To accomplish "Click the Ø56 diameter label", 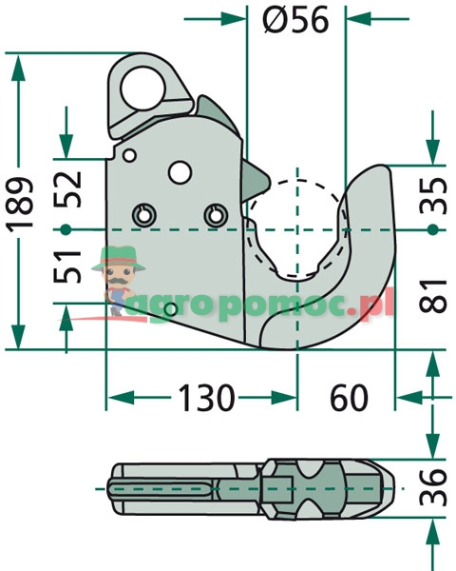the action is point(295,20).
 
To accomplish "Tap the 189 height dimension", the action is point(20,205).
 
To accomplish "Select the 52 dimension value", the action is point(67,188).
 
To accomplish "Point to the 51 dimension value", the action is point(67,266).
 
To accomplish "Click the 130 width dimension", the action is point(206,398).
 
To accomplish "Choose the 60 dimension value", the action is point(349,398).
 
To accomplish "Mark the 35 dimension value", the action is point(433,195).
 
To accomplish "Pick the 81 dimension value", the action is point(433,296).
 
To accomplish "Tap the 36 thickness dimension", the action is point(433,487).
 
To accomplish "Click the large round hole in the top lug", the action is point(142,89).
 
